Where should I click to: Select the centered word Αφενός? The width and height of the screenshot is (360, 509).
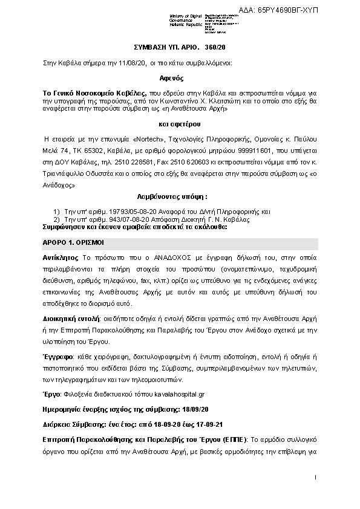[x=180, y=78]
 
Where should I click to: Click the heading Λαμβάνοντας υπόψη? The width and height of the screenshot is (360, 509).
[x=179, y=197]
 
